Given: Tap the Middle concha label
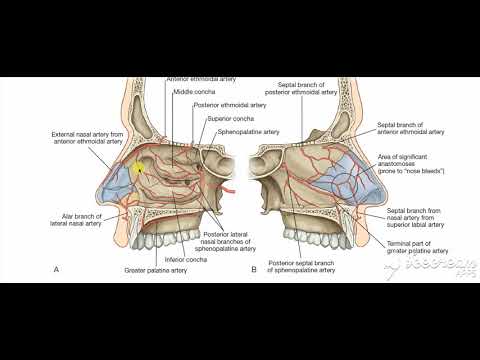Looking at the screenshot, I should coord(191,92).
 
